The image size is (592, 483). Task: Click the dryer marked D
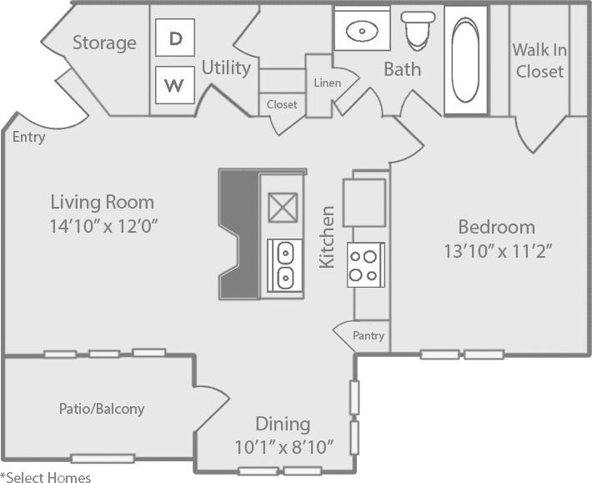tap(175, 38)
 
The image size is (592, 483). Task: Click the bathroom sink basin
tap(362, 32)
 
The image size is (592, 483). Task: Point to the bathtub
tap(465, 60)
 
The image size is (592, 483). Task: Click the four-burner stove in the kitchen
tap(365, 264)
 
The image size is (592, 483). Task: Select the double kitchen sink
tap(284, 264)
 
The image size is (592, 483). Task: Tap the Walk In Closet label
tap(539, 60)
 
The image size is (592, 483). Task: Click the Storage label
tap(104, 43)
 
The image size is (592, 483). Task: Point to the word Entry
tap(29, 138)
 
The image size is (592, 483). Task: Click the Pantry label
tap(368, 336)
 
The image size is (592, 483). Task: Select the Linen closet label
tap(326, 83)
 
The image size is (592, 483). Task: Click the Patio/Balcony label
tap(102, 409)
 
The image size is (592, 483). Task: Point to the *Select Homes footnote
tap(46, 477)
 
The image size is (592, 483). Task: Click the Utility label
tap(226, 68)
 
